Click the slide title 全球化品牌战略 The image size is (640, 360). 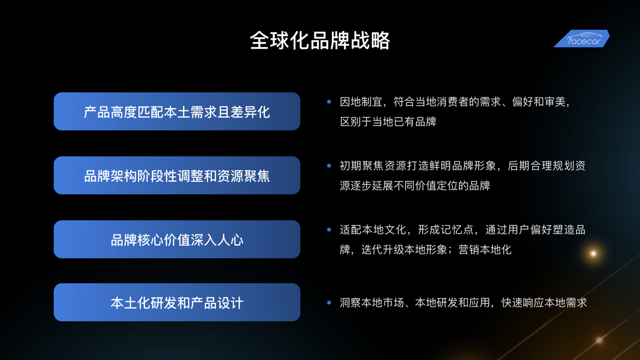(x=320, y=41)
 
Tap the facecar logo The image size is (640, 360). (x=582, y=38)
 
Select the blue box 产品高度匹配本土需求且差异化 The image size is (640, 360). (x=177, y=111)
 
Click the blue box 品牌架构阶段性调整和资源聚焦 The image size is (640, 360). (x=177, y=175)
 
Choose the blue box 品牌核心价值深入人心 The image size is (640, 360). (x=177, y=239)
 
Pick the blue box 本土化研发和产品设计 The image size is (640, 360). (x=177, y=302)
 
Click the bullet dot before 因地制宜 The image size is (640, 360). (x=329, y=102)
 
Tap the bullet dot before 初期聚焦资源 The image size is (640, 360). (x=329, y=166)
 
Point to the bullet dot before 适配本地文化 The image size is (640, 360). (x=329, y=230)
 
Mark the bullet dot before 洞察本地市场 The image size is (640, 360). (x=329, y=302)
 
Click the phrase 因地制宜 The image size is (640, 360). (x=361, y=102)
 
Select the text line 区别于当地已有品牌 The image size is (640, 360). (x=388, y=122)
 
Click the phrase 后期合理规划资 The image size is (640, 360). (x=547, y=166)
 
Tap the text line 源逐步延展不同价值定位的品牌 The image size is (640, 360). (x=415, y=186)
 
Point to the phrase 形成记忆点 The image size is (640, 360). (x=445, y=230)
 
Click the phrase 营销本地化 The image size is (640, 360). (x=485, y=250)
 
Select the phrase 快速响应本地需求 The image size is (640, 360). (x=544, y=302)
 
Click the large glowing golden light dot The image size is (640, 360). (x=594, y=253)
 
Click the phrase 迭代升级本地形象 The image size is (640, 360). (x=404, y=250)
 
